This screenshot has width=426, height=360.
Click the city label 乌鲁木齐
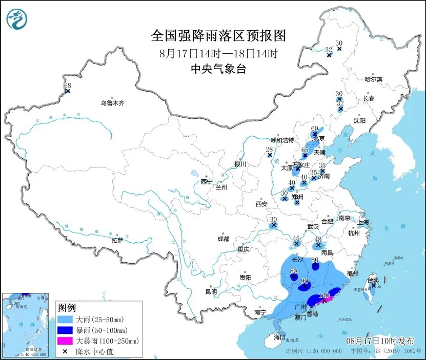pos(112,103)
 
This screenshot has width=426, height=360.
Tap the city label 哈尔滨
pos(373,79)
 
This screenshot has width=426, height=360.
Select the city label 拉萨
pos(117,240)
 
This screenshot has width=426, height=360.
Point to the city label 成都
pos(223,239)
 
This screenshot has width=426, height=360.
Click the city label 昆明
pos(211,291)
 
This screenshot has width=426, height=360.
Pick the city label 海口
pos(279,337)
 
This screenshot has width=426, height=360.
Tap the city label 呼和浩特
pos(282,140)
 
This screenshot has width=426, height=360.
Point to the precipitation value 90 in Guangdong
pos(305,281)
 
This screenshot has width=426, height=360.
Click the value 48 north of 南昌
pos(318,240)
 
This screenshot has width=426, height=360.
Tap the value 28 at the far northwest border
pos(68,86)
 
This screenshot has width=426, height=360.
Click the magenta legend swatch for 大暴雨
pos(65,340)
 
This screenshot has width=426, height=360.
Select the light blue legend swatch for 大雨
pos(65,319)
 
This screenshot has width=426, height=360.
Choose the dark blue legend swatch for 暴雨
pos(65,330)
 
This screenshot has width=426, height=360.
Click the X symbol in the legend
pos(65,351)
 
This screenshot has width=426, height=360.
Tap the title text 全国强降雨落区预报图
pos(218,36)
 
